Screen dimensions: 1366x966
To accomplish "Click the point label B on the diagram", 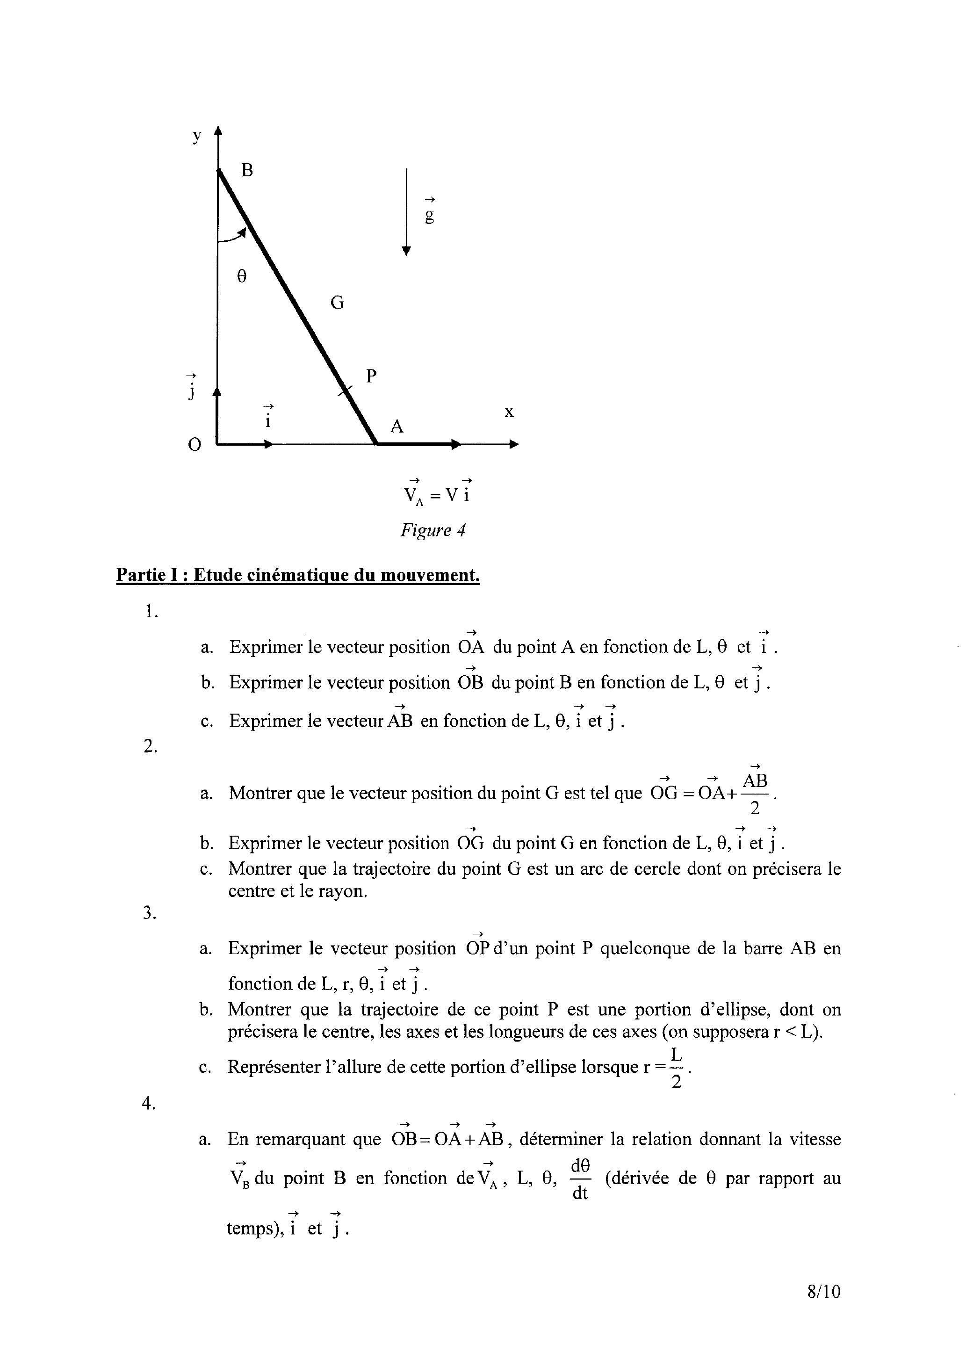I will (x=247, y=171).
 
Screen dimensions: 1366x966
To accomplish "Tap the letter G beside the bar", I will (x=337, y=304).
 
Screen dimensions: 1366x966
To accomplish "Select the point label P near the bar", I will (x=371, y=376).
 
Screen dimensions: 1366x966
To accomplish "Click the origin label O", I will (x=195, y=444).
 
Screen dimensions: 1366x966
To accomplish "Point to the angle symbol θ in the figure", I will (x=241, y=277).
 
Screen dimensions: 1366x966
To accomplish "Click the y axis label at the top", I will (x=197, y=136).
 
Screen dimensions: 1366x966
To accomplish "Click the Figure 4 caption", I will (x=433, y=530).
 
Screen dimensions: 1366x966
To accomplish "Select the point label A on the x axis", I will (x=397, y=426).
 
